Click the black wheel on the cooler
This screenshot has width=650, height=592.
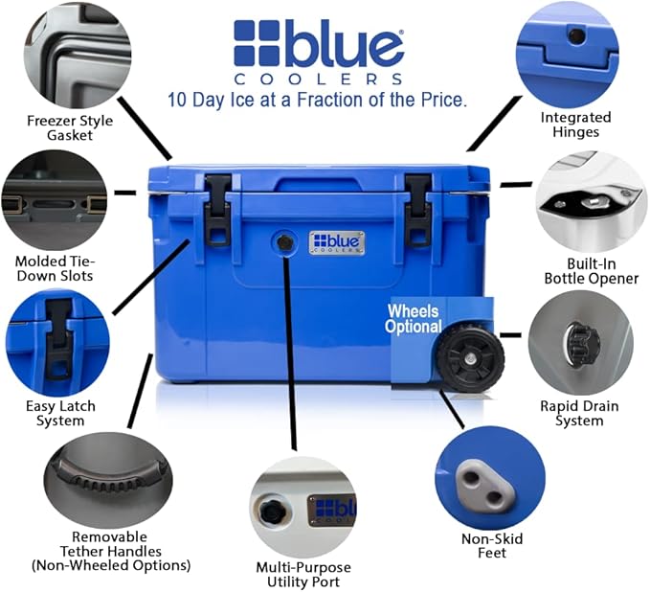470,358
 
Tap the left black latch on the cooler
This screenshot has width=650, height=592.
217,209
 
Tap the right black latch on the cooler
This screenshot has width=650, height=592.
418,211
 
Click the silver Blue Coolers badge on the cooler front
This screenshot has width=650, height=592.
337,242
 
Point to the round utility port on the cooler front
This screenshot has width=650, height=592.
284,242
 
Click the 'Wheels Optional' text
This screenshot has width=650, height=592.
414,319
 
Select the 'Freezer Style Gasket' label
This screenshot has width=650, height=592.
70,127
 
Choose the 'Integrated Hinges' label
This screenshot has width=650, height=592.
575,125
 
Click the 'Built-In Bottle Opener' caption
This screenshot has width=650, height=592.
592,271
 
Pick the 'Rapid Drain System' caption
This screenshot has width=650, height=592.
579,413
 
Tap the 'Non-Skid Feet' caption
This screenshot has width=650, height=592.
492,545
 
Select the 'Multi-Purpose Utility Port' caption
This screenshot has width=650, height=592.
303,574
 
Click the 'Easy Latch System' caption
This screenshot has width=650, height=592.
60,413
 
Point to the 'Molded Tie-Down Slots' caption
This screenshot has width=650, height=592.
55,268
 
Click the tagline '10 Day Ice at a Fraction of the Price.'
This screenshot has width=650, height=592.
317,100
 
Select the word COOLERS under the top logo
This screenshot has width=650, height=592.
318,80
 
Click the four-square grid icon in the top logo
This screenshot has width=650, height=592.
257,43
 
